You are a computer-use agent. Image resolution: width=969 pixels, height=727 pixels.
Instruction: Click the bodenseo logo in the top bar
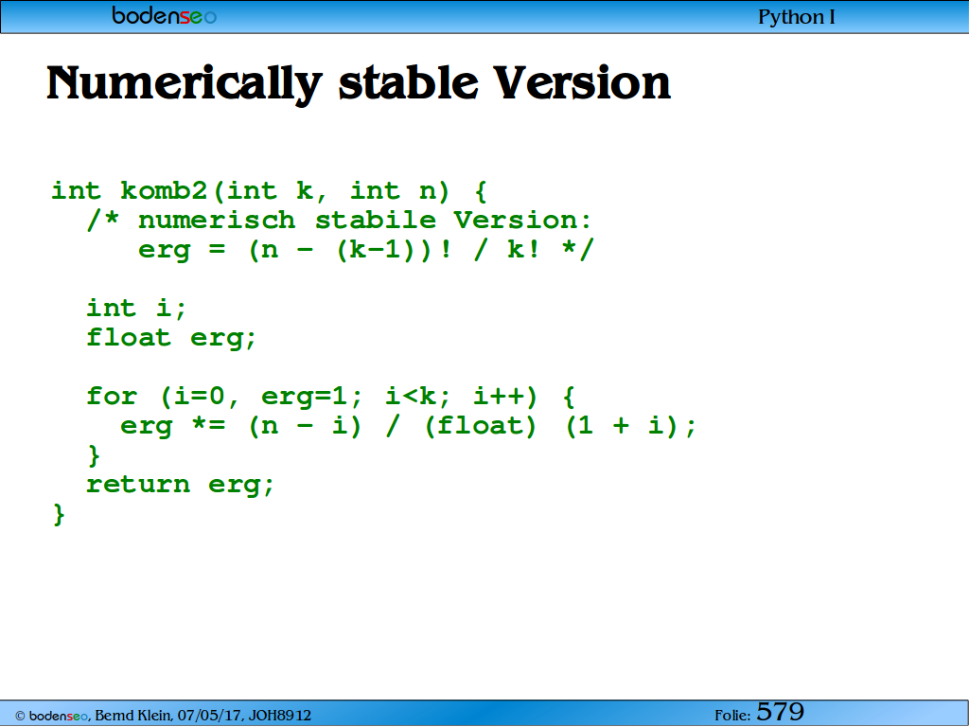coord(165,15)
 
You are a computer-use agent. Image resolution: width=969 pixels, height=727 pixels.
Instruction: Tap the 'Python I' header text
coord(797,17)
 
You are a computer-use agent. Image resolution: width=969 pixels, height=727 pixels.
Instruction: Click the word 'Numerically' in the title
coord(185,84)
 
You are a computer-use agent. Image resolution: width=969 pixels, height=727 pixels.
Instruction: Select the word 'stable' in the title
coord(409,83)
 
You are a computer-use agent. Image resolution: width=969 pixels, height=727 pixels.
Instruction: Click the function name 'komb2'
coord(164,190)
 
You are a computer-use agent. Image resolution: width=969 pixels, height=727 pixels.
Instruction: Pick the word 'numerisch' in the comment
coord(217,220)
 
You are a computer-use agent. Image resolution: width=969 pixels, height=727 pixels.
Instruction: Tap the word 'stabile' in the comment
coord(375,220)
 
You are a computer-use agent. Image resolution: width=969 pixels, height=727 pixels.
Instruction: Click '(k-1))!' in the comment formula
coord(394,250)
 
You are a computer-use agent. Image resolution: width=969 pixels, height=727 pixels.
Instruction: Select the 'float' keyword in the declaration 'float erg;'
coord(129,338)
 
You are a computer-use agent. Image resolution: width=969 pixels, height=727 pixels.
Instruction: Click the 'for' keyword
coord(112,396)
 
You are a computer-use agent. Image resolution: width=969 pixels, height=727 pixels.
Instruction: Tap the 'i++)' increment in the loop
coord(505,397)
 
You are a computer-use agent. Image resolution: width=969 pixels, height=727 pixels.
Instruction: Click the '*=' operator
coord(209,425)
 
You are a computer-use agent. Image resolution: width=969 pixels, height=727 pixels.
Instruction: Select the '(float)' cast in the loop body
coord(480,426)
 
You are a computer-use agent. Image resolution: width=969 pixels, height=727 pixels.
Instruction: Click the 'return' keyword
coord(138,484)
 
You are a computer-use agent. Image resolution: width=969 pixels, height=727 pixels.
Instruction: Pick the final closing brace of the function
coord(59,514)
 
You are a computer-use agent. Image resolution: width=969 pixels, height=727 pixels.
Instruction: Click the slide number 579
coord(780,712)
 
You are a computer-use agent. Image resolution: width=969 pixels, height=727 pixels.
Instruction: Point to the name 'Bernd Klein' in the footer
coord(132,716)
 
